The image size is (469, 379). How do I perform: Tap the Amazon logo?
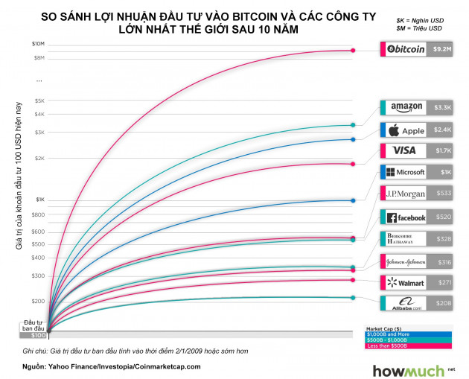(406, 107)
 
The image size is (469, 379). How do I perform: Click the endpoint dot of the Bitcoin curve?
(354, 51)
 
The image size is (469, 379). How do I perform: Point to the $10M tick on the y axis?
(39, 44)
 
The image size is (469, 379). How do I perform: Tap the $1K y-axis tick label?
(39, 199)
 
